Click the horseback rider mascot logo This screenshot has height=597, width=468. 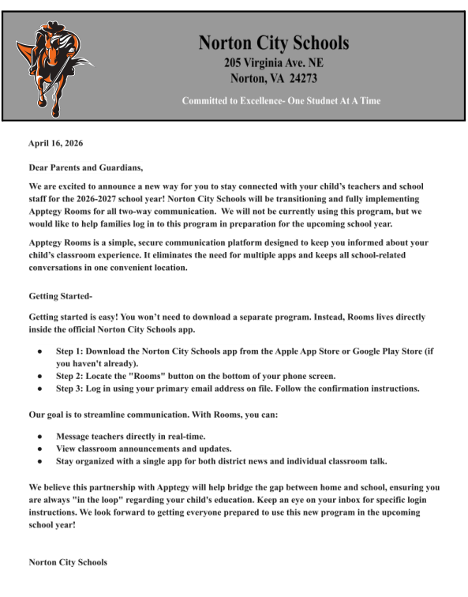[57, 63]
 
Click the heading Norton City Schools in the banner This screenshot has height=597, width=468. [273, 43]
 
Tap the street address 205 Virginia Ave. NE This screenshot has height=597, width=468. [273, 63]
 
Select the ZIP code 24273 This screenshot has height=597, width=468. [301, 78]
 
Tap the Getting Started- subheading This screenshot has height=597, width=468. [61, 296]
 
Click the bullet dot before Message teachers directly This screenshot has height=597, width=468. [39, 436]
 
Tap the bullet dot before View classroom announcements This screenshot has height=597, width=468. [39, 449]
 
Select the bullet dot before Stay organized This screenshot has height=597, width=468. [39, 461]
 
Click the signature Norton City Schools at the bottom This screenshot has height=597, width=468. [68, 563]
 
